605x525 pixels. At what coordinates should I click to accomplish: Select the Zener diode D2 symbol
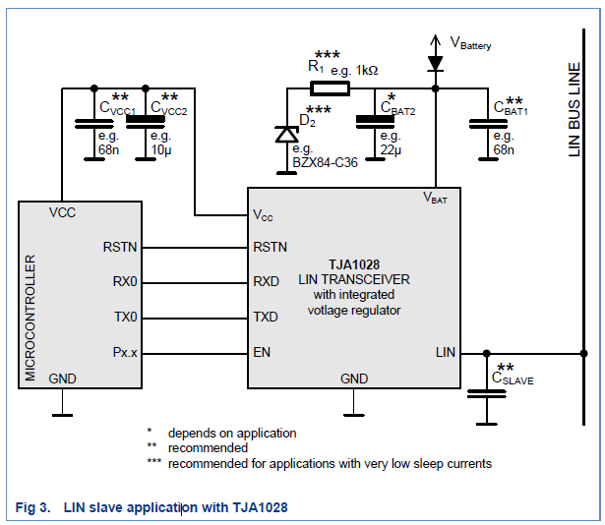tap(286, 133)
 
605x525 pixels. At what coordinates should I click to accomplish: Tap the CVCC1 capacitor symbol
tap(92, 121)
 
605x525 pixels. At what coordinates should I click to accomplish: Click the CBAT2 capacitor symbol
tap(371, 121)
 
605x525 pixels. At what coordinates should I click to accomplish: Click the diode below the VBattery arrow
tap(435, 63)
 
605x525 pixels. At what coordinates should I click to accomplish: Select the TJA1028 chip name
tap(346, 264)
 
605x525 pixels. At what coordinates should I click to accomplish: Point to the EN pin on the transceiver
tap(262, 352)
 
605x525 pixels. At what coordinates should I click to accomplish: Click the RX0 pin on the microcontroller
tap(125, 281)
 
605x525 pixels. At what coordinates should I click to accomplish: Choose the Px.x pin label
tap(125, 352)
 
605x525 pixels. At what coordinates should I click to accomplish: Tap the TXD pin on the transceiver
tap(266, 317)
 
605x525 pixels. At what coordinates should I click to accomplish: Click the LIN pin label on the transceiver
tap(445, 352)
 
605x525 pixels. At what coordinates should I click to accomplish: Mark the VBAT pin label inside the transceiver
tap(435, 199)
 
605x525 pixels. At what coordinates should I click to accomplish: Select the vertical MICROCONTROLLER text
tap(30, 317)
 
